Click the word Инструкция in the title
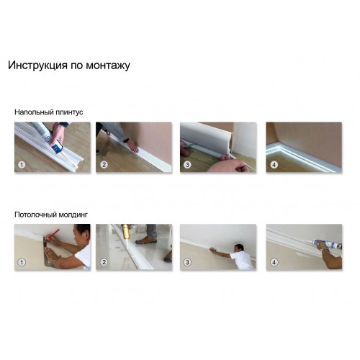(37, 65)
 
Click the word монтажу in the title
(108, 66)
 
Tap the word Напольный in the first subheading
(33, 112)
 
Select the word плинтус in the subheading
(69, 112)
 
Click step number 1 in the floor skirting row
(22, 165)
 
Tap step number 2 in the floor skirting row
(104, 165)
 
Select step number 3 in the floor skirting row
(187, 165)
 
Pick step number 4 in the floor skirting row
(274, 165)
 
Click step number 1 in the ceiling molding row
(22, 262)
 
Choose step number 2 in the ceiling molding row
(104, 262)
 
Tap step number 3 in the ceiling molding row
(187, 262)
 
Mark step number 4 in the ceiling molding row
(274, 262)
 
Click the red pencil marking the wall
(53, 234)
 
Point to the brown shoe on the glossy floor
(145, 240)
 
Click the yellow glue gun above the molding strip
(125, 232)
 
